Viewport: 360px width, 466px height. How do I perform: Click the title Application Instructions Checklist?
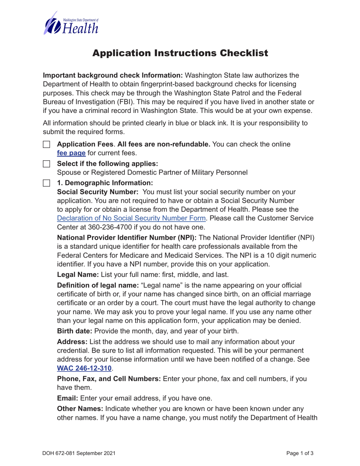pyautogui.click(x=180, y=53)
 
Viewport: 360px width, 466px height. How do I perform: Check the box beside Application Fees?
pyautogui.click(x=46, y=145)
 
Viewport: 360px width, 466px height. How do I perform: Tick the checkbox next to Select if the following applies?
pyautogui.click(x=46, y=164)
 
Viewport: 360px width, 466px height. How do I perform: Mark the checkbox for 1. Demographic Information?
pyautogui.click(x=46, y=183)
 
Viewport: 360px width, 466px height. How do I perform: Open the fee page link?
pyautogui.click(x=71, y=153)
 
